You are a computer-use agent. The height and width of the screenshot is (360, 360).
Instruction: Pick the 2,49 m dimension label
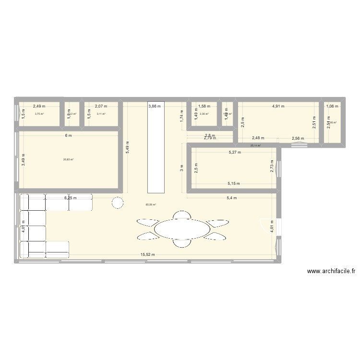39,106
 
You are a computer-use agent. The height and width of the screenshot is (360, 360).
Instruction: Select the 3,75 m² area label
39,114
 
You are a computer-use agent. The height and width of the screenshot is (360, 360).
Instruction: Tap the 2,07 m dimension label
101,106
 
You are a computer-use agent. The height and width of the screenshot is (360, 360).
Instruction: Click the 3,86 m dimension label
155,106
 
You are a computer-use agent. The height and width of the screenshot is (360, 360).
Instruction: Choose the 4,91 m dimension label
278,106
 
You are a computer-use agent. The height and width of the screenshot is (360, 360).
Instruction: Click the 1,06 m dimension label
332,106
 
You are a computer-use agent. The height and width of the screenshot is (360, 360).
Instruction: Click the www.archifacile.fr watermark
331,271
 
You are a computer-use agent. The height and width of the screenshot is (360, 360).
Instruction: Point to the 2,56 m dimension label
299,139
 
